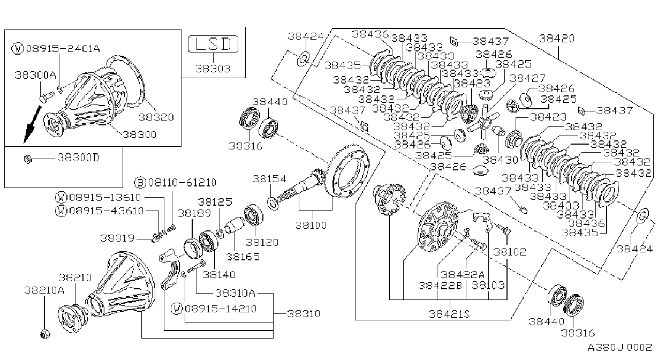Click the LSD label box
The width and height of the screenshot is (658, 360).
point(213,44)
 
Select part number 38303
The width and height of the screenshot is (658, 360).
point(213,69)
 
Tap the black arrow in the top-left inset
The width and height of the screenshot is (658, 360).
point(32,124)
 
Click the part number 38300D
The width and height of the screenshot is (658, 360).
point(78,158)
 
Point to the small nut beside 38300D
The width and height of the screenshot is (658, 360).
point(28,160)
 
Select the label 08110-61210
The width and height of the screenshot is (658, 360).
point(182,183)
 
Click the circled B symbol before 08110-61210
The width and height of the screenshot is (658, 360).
point(140,183)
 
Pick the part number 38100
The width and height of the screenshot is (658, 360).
point(311,225)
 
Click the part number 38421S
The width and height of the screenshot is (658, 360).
point(449,314)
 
